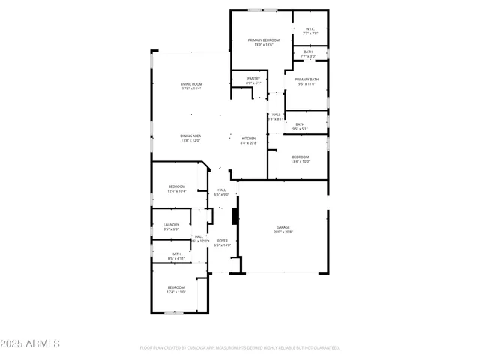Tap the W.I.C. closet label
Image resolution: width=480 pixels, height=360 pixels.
(310, 31)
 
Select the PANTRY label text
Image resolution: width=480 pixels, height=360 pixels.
(253, 80)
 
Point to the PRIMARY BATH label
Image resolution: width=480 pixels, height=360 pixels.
(306, 81)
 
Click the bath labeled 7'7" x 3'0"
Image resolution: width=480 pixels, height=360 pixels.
(308, 54)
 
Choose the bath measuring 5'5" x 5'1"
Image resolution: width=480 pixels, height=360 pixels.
(299, 127)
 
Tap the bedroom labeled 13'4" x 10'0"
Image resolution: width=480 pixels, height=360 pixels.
(300, 158)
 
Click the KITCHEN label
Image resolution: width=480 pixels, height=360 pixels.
(249, 140)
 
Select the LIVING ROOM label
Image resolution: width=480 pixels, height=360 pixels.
(191, 86)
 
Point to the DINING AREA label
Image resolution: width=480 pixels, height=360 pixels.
(190, 138)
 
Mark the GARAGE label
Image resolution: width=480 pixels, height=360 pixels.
(283, 229)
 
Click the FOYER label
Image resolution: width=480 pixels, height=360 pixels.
(223, 242)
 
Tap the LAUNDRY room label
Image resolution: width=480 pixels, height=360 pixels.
(171, 226)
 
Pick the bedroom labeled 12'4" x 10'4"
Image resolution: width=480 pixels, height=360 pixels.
(176, 188)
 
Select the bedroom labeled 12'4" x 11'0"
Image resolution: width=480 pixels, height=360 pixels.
(176, 289)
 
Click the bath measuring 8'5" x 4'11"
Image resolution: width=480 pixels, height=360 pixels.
(176, 256)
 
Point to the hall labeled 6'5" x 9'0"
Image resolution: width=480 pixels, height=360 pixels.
(222, 192)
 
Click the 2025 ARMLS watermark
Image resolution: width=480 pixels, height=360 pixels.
(31, 343)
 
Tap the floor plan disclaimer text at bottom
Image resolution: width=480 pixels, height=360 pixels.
(240, 348)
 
